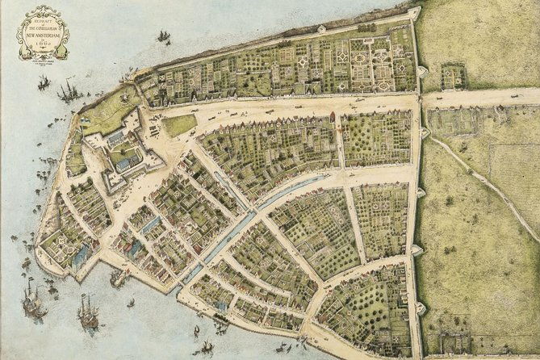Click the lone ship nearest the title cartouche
pos(164,37)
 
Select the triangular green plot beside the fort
pos(179,125)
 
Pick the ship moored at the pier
pos(119,278)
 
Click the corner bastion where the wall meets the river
pos(414,15)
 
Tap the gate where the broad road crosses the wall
pos(419,101)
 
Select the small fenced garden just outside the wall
pos(454,77)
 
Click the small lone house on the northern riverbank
pos(321,30)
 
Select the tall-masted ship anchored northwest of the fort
pos(68,90)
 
